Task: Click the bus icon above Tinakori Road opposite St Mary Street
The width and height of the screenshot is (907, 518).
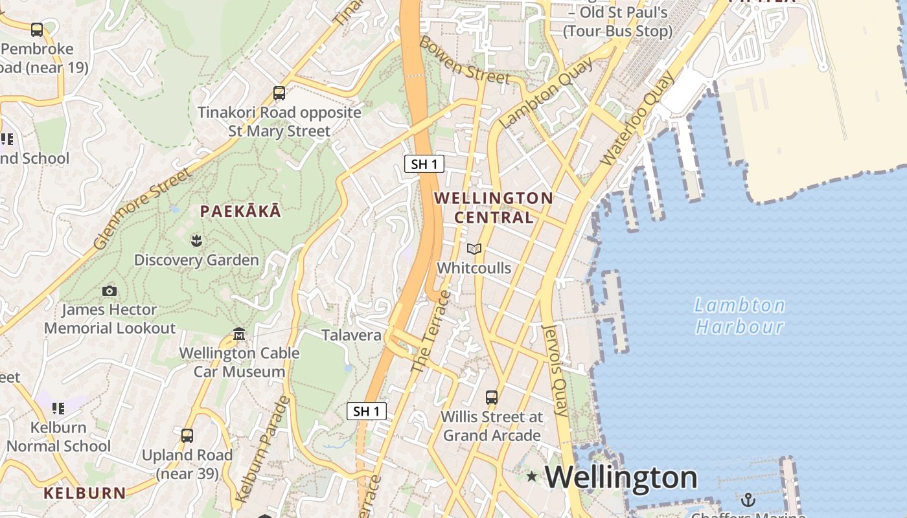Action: (279, 93)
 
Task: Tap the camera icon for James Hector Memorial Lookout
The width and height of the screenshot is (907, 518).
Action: (109, 291)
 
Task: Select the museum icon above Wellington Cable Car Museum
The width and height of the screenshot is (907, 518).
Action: (239, 334)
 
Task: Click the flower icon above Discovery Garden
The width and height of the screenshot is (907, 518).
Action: (196, 242)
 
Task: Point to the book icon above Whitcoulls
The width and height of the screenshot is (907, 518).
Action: (474, 249)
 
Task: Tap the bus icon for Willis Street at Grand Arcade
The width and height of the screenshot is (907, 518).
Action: (492, 397)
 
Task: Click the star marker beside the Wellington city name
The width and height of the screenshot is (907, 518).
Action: (532, 477)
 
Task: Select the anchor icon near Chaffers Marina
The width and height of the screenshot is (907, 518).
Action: (748, 499)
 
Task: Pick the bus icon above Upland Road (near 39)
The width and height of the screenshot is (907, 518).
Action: (187, 436)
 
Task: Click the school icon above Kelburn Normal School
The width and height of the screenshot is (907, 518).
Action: (58, 409)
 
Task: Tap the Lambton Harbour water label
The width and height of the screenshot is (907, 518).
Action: (740, 315)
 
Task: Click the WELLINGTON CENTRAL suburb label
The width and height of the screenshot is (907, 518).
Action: (494, 207)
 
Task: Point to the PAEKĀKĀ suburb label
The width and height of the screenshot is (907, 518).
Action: (240, 211)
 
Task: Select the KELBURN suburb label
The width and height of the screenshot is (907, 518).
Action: (85, 493)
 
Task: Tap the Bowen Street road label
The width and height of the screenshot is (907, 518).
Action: (465, 60)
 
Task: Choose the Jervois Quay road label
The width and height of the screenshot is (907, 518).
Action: (555, 370)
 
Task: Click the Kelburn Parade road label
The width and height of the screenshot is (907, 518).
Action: (263, 449)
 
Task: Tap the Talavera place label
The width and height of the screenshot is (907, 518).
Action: (352, 335)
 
